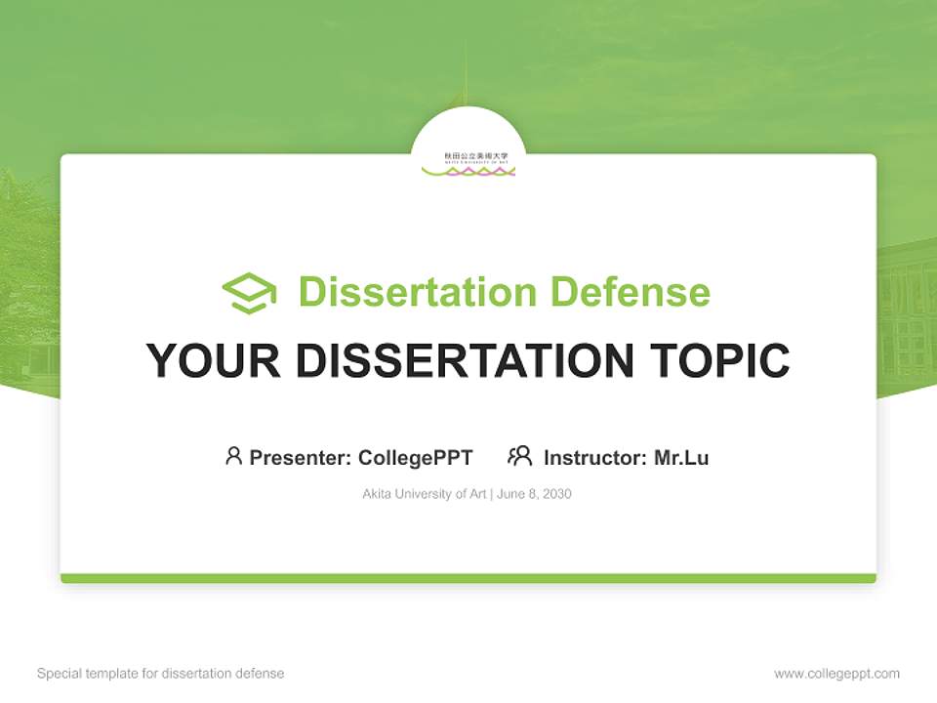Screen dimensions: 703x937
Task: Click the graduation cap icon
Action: tap(249, 293)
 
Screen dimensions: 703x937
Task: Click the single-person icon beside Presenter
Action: tap(233, 456)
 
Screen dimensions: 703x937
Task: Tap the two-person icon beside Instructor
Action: tap(520, 456)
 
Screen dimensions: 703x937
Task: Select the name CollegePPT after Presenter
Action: tap(416, 458)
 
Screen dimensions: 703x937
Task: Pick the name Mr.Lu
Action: tap(681, 458)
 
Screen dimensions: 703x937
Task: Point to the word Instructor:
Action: tap(595, 458)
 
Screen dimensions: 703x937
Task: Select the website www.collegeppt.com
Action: tap(836, 674)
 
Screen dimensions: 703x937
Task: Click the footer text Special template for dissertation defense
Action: tap(161, 674)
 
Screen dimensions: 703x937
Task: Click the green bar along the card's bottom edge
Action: tap(468, 578)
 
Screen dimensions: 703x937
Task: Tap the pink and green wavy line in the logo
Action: tap(468, 172)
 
